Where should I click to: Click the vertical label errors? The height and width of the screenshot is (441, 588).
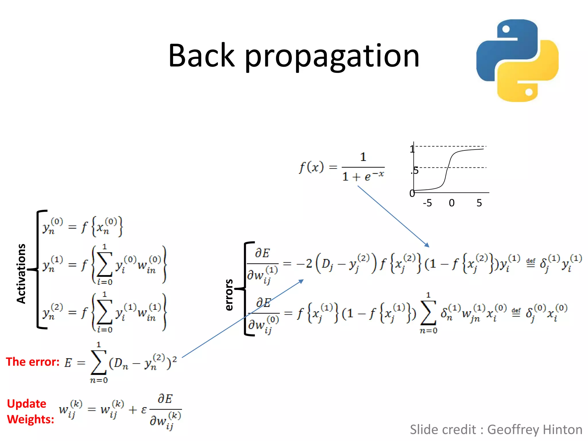(x=229, y=295)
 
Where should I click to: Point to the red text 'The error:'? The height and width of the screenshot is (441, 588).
(x=33, y=362)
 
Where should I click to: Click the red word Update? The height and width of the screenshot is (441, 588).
(x=26, y=404)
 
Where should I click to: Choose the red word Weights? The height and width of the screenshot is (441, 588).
(x=30, y=419)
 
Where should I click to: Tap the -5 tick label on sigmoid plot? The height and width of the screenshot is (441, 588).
(x=427, y=203)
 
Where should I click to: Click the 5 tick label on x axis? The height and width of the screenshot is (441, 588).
(x=479, y=203)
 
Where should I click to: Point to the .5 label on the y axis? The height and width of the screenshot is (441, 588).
(x=415, y=171)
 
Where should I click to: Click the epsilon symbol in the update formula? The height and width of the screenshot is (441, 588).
(x=144, y=410)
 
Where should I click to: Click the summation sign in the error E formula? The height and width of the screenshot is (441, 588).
(x=98, y=363)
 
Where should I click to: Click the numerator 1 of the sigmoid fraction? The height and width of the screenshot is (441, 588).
(x=363, y=157)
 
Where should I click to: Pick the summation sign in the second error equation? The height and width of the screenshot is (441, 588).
(x=428, y=313)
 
